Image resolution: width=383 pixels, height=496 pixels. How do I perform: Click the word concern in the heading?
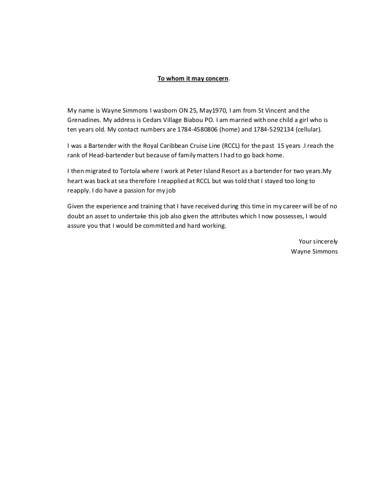click(217, 78)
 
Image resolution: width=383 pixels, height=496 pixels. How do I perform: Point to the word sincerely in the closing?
click(326, 241)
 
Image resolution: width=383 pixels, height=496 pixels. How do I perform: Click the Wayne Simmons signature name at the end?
click(314, 250)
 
